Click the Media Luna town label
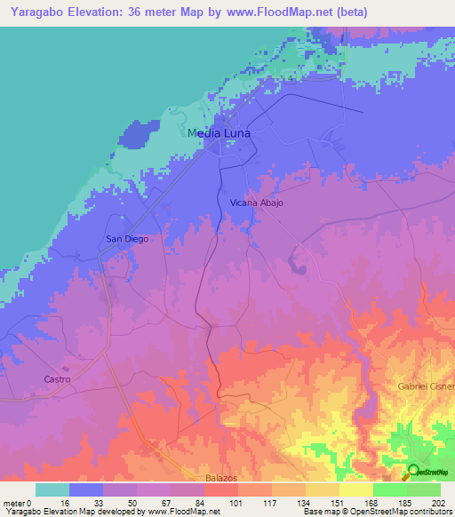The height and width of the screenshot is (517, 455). point(220,133)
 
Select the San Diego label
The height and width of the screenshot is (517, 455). point(127,238)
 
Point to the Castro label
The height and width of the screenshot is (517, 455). point(56,379)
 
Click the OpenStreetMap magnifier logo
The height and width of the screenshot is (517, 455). point(413,471)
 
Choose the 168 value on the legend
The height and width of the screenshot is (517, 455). point(371,502)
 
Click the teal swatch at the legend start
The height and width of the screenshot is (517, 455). point(52,489)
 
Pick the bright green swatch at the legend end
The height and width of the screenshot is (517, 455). point(424,489)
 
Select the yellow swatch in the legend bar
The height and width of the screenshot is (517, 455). point(355,489)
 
